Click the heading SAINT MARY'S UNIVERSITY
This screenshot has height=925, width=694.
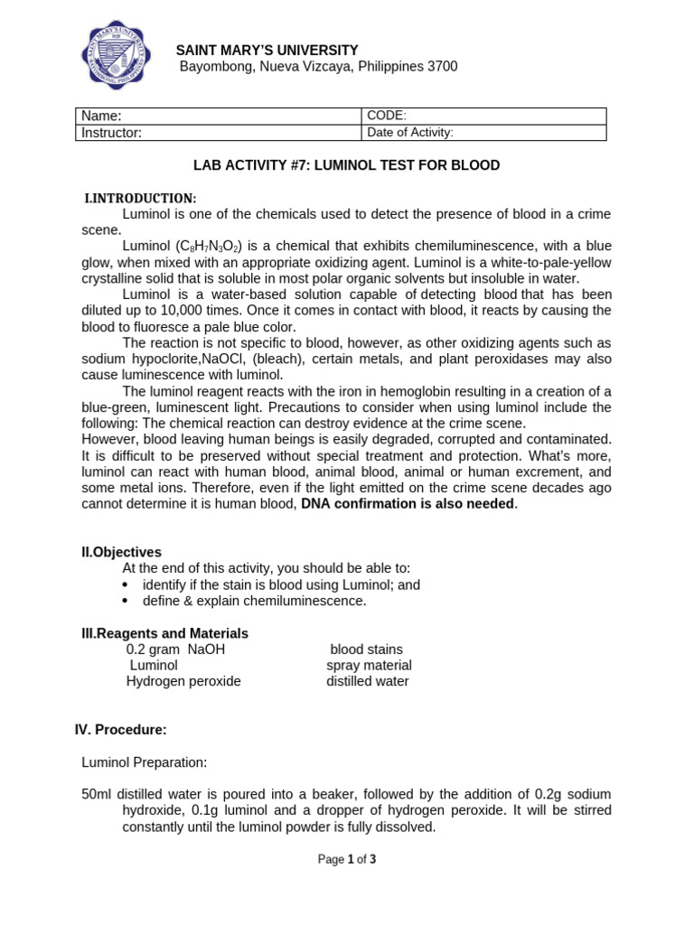[x=267, y=51]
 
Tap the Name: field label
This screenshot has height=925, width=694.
[x=101, y=116]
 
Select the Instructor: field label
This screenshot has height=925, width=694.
[x=112, y=133]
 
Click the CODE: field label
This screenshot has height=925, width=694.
[x=387, y=116]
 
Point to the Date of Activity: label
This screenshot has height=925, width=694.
[x=409, y=133]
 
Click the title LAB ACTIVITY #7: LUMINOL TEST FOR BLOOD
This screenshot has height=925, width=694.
[x=346, y=165]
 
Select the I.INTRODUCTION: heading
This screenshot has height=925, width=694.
[x=140, y=198]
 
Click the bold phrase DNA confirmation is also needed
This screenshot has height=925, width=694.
[x=408, y=504]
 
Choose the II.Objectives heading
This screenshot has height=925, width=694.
[x=122, y=552]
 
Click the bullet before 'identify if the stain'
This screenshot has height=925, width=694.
[x=125, y=585]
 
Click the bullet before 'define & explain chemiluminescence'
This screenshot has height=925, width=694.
[x=125, y=601]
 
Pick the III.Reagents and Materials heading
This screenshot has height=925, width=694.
[x=164, y=633]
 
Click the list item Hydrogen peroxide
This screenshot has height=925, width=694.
[x=183, y=681]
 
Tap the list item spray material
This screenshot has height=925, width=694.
[x=369, y=666]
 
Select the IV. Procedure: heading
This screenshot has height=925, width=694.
[x=120, y=729]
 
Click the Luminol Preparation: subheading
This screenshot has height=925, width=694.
[x=144, y=762]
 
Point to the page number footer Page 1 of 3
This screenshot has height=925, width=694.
[x=346, y=859]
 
